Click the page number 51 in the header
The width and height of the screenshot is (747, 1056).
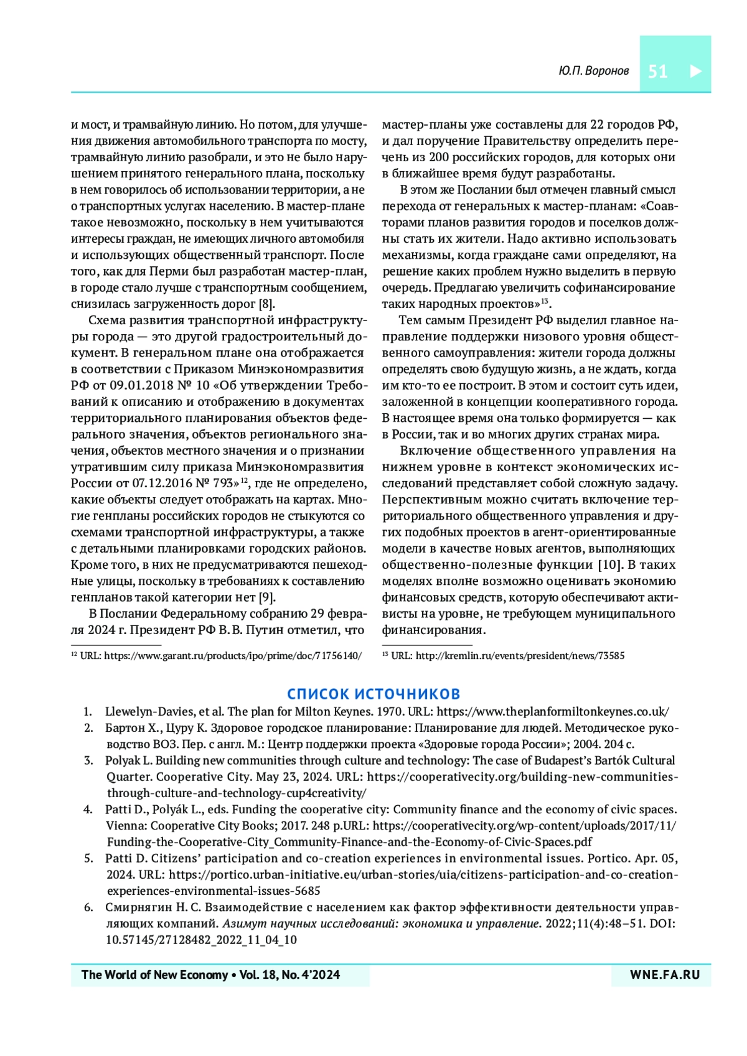(x=657, y=71)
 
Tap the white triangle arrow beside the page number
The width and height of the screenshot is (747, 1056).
(x=696, y=71)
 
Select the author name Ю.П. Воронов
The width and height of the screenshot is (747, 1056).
(x=593, y=71)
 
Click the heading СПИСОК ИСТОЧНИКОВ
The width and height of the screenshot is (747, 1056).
(x=374, y=694)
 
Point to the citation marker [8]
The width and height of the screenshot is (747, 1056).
(x=266, y=304)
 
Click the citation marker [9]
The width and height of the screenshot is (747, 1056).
(x=266, y=597)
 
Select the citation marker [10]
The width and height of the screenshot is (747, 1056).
(x=609, y=565)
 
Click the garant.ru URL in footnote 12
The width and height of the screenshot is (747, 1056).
(x=232, y=655)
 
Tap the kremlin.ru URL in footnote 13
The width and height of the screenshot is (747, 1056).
(x=520, y=655)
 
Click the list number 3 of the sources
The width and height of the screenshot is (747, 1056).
(x=88, y=760)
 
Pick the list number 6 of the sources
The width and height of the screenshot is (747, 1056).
(x=88, y=907)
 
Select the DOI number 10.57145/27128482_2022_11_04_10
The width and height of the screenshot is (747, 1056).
(x=201, y=940)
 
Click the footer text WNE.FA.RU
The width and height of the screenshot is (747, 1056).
(x=664, y=975)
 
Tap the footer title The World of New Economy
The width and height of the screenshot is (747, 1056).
(x=154, y=975)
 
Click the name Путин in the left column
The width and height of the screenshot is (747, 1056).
(x=269, y=630)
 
